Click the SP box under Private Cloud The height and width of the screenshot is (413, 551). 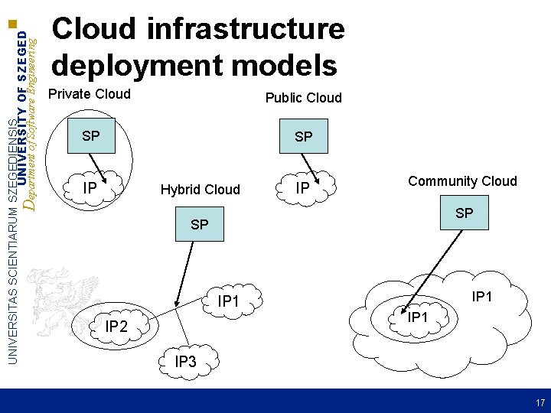(91, 137)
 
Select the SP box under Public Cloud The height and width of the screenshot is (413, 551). (304, 137)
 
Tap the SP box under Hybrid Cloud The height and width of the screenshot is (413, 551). (199, 225)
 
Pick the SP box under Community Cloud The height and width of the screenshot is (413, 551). (464, 213)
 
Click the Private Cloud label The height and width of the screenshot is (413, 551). (90, 95)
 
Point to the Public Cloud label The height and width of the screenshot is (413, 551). (303, 98)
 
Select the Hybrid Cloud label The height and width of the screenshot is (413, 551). (200, 189)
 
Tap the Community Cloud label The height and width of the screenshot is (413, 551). (462, 181)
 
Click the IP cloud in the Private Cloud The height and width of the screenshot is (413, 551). (91, 186)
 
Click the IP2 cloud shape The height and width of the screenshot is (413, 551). (116, 327)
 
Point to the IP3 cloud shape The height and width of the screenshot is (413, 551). (185, 361)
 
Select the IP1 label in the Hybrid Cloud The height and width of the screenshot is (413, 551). (229, 302)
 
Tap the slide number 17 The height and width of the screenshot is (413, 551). (540, 402)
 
